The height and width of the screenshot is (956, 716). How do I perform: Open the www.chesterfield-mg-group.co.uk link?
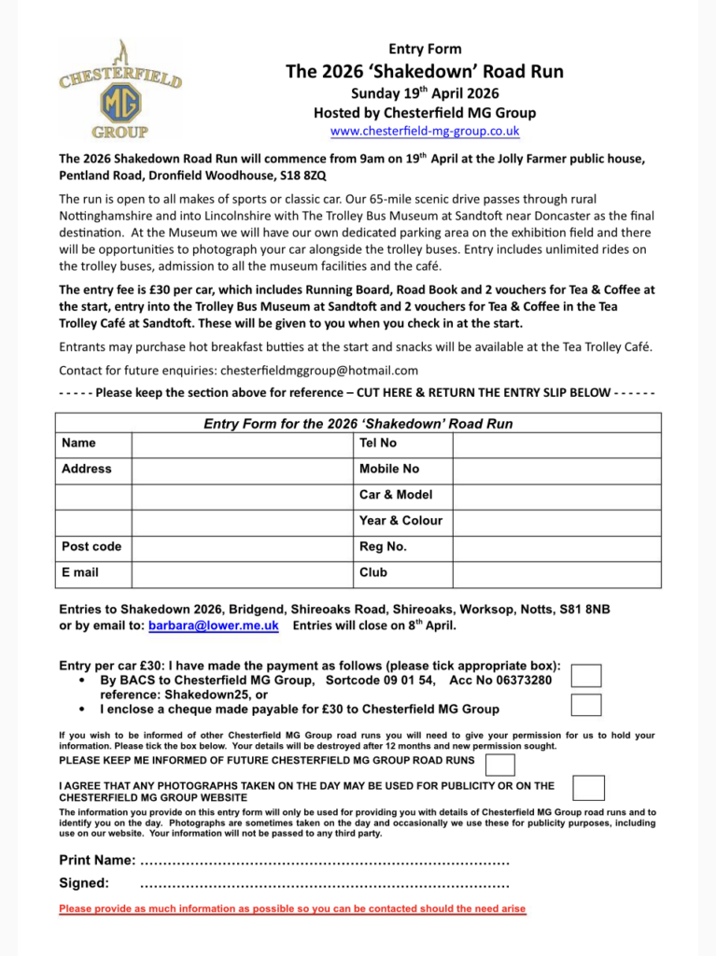[x=425, y=131]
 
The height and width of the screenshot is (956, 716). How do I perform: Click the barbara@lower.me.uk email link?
[x=213, y=626]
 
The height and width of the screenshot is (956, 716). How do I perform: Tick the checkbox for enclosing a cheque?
[x=586, y=705]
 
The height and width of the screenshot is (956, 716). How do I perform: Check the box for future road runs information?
[x=500, y=765]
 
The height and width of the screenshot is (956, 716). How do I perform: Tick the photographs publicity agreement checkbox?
[x=588, y=788]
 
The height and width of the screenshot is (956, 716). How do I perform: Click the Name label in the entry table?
[x=78, y=443]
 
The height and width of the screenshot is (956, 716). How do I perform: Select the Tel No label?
[x=378, y=443]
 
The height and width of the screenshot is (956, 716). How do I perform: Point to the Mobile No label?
[x=389, y=469]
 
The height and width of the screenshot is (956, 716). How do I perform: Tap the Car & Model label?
[x=396, y=495]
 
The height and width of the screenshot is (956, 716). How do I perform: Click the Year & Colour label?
[x=400, y=520]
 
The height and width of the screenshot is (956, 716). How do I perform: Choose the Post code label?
[x=91, y=546]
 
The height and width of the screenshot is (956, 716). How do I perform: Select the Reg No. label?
[x=383, y=546]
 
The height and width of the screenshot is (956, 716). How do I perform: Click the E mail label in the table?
[x=80, y=572]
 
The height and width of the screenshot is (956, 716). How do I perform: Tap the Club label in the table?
[x=374, y=572]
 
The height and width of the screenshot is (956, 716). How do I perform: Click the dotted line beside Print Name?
[x=324, y=860]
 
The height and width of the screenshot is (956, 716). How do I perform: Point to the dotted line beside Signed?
[x=324, y=883]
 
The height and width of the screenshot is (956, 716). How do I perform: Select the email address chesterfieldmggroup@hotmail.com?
[x=319, y=371]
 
